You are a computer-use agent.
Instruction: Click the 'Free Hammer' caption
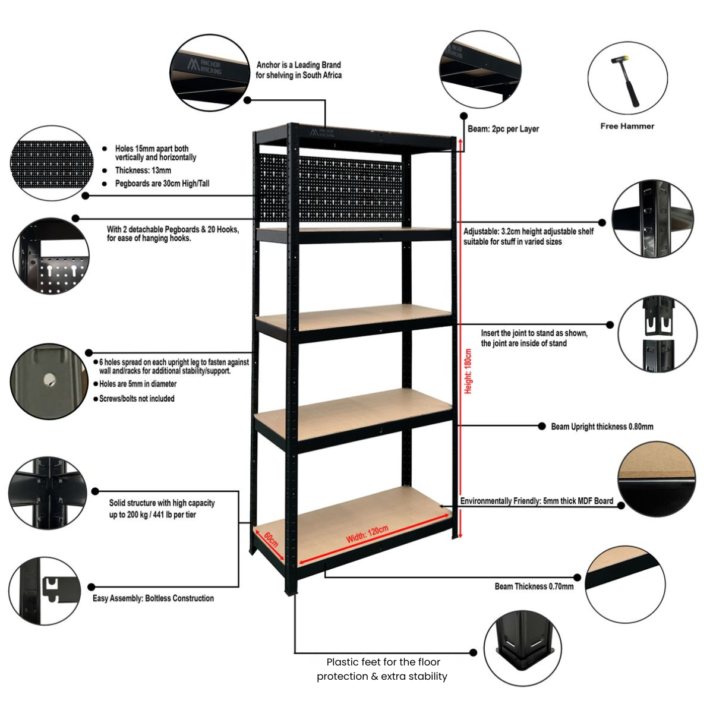click(627, 126)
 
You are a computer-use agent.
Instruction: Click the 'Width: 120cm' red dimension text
click(367, 534)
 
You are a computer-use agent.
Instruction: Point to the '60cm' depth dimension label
click(271, 540)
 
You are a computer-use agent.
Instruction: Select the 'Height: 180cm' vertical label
click(468, 371)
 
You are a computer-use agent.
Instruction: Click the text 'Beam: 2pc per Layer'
click(503, 129)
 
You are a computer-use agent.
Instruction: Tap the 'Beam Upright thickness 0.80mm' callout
click(601, 427)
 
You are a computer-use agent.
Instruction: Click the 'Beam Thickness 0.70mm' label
click(534, 586)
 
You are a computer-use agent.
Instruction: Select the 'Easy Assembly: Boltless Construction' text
click(153, 598)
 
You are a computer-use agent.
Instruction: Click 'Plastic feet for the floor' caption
click(383, 662)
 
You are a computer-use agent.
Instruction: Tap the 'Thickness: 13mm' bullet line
click(143, 171)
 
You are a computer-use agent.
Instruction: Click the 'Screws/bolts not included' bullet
click(137, 399)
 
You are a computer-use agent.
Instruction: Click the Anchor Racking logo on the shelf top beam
click(321, 132)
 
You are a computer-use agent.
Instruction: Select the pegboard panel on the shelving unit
click(333, 188)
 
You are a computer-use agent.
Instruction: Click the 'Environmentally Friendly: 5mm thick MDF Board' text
click(537, 501)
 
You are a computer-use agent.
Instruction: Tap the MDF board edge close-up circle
click(656, 479)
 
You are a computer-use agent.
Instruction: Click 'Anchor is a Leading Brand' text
click(298, 65)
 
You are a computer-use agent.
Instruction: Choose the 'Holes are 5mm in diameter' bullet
click(138, 384)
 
